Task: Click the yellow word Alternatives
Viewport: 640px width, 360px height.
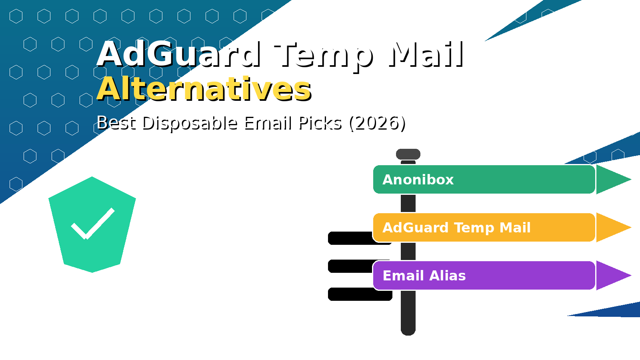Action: [204, 89]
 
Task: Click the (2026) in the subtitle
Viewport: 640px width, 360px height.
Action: [377, 123]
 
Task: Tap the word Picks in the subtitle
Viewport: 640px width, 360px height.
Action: [320, 123]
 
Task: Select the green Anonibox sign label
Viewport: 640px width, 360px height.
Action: [418, 180]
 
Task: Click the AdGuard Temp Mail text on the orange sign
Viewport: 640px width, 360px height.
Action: [456, 228]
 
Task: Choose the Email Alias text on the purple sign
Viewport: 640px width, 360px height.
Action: [424, 276]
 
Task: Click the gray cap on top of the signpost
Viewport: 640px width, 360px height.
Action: [408, 154]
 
